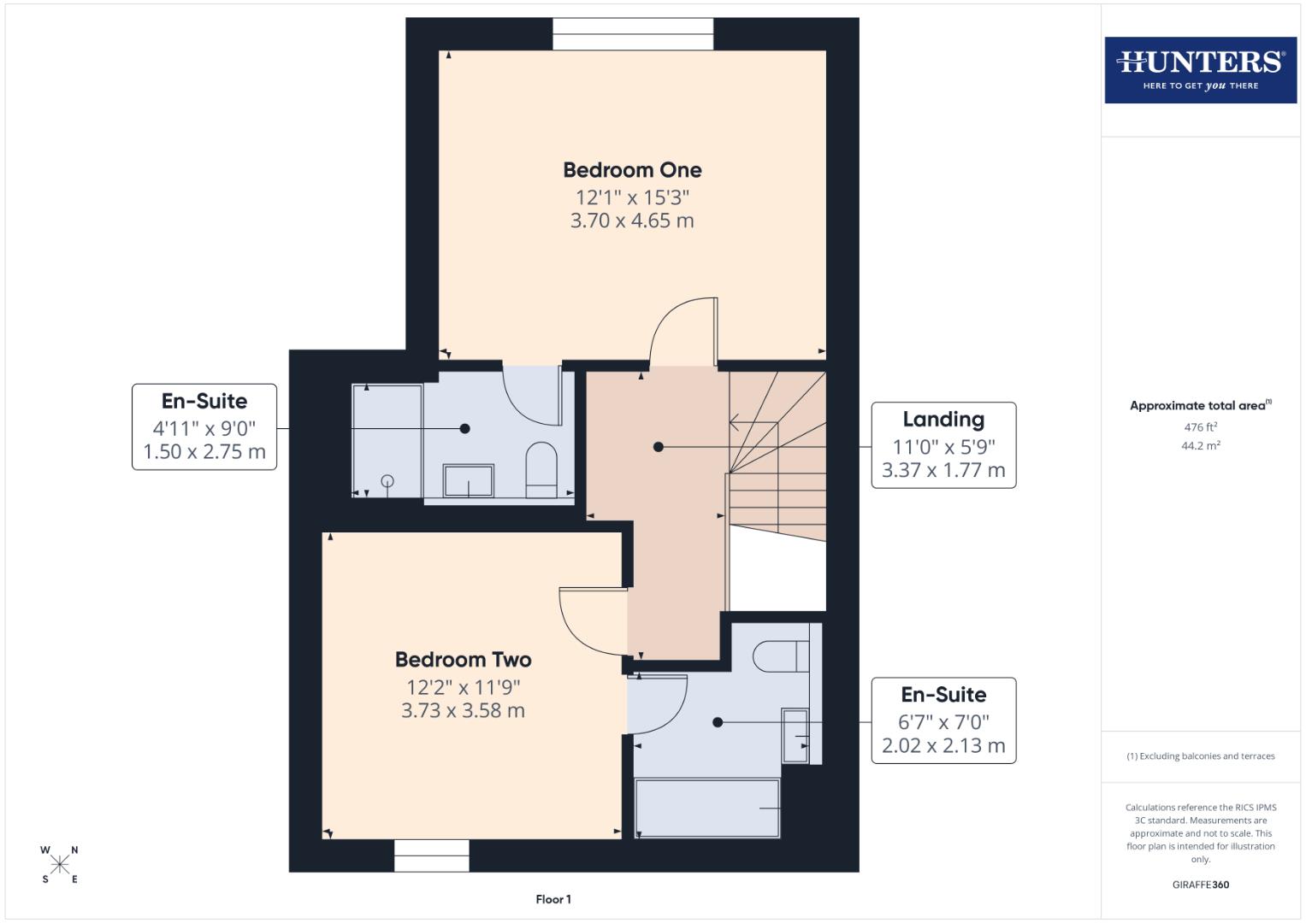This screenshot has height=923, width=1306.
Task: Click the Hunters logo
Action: point(1200,70)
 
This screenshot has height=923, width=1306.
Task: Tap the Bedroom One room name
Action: point(632,170)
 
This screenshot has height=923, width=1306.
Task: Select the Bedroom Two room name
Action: point(463,660)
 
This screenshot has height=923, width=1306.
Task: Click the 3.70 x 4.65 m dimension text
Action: point(632,220)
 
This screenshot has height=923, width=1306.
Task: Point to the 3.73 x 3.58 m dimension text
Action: point(463,710)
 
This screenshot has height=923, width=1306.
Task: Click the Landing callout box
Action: point(943,445)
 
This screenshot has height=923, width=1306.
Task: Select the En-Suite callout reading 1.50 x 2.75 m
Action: point(204,427)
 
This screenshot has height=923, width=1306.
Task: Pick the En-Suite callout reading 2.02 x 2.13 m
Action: point(943,720)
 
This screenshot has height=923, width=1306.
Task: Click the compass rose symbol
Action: point(60,864)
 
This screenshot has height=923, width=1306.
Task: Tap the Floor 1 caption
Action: point(553,899)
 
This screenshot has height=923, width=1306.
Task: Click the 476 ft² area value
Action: point(1200,427)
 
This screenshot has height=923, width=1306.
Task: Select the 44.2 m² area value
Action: point(1200,445)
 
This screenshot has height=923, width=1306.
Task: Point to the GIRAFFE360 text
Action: point(1200,885)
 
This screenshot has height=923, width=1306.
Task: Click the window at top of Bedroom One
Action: point(633,34)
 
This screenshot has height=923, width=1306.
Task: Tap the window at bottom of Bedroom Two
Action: point(432,855)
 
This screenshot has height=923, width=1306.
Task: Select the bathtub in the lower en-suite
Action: point(707,808)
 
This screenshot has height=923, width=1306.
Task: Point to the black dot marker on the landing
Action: point(658,447)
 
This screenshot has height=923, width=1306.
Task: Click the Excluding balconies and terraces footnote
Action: point(1200,756)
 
